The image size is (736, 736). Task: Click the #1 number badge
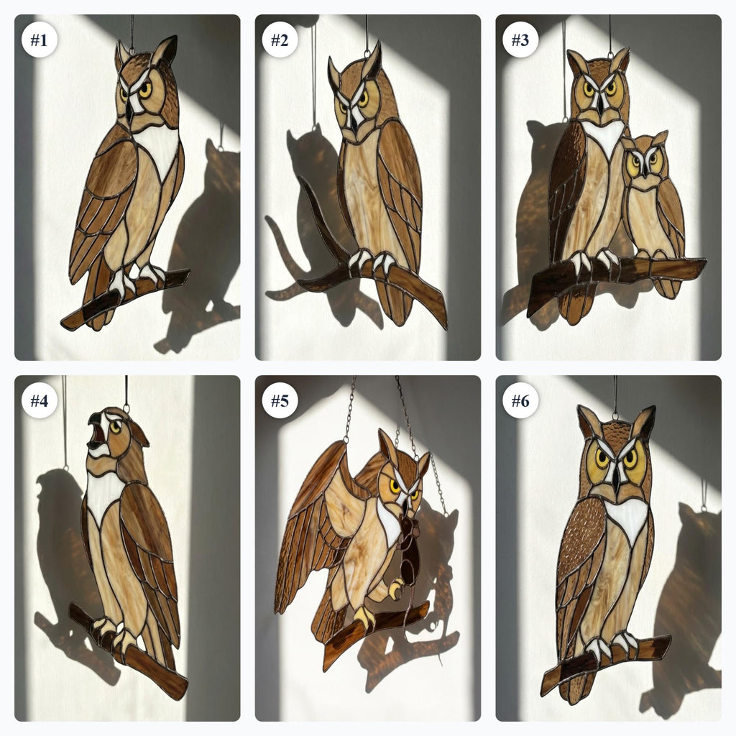click(x=39, y=40)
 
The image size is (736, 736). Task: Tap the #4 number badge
click(x=39, y=400)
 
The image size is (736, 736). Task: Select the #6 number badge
click(x=520, y=400)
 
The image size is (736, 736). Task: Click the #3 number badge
click(x=520, y=40)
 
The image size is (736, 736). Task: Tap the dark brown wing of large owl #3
click(x=566, y=187)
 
